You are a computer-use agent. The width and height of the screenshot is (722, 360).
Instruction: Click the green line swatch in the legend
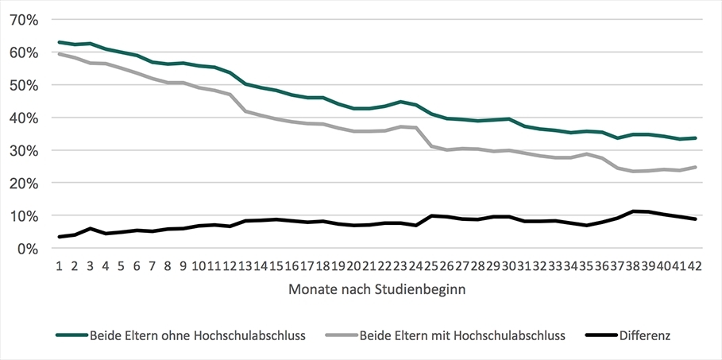click(72, 335)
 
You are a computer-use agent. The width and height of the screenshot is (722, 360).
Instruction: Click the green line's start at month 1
click(59, 42)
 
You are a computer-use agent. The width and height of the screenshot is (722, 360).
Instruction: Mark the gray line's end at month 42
click(695, 167)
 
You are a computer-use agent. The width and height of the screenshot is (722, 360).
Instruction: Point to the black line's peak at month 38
click(633, 211)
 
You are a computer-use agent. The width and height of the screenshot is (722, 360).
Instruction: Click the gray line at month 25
click(431, 146)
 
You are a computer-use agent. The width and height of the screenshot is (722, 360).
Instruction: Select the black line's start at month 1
click(59, 237)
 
